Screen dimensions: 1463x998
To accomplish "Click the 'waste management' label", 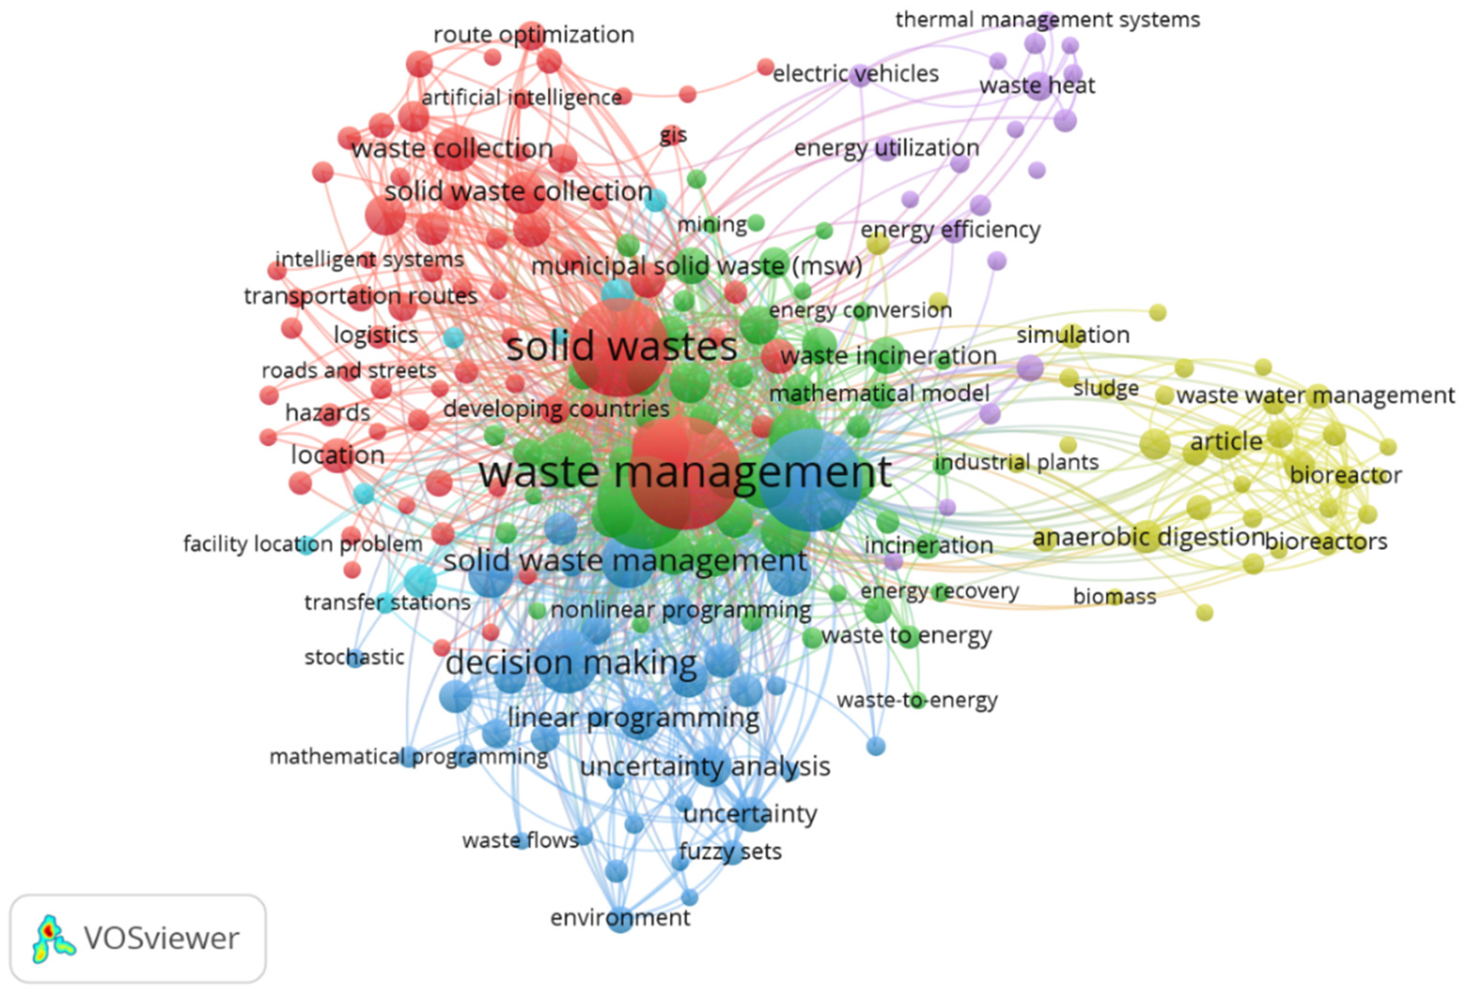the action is pyautogui.click(x=685, y=472).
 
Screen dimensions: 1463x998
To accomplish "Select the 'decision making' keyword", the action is pyautogui.click(x=571, y=663).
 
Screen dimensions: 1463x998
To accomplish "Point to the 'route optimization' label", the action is pyautogui.click(x=533, y=35).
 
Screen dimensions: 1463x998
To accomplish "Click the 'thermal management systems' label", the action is pyautogui.click(x=1048, y=20).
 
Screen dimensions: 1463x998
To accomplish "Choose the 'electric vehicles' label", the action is pyautogui.click(x=855, y=74).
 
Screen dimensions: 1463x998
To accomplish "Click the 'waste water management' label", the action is pyautogui.click(x=1315, y=395).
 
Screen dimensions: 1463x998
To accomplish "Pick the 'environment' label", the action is pyautogui.click(x=620, y=918).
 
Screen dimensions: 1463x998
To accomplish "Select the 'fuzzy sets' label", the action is pyautogui.click(x=730, y=851).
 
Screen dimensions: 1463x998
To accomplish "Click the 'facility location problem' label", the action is pyautogui.click(x=303, y=544).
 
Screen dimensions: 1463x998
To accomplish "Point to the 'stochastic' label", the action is pyautogui.click(x=355, y=657).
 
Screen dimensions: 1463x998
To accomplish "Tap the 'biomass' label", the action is pyautogui.click(x=1114, y=596).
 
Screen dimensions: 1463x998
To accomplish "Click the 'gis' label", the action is pyautogui.click(x=673, y=135).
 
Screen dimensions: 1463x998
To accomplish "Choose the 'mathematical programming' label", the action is pyautogui.click(x=409, y=756).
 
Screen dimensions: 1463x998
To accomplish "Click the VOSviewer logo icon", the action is pyautogui.click(x=53, y=938).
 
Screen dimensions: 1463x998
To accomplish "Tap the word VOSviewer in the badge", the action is pyautogui.click(x=162, y=938).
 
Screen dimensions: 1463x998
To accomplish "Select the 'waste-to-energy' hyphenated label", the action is pyautogui.click(x=917, y=700).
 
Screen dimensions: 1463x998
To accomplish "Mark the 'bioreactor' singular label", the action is pyautogui.click(x=1345, y=475).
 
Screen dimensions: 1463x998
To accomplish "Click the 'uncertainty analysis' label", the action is pyautogui.click(x=705, y=767).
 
